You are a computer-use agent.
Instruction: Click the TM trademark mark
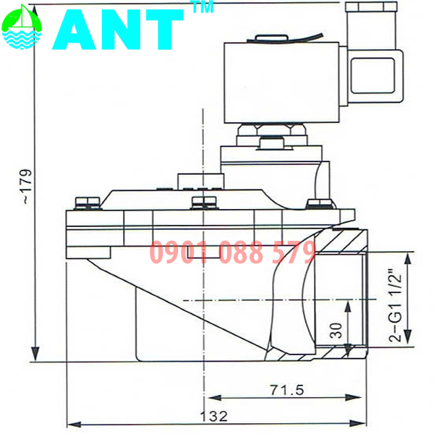(x=197, y=8)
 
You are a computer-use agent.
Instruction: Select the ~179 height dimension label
(x=26, y=187)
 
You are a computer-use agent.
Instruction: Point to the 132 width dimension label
(x=216, y=417)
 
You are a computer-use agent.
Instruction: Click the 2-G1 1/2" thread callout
(x=395, y=305)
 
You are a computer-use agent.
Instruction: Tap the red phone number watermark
(x=233, y=253)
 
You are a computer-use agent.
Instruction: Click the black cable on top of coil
(x=304, y=36)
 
